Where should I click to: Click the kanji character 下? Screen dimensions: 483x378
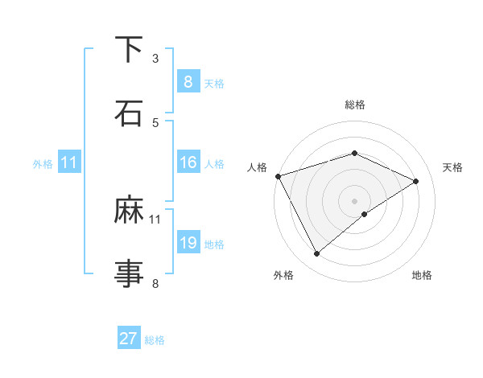coord(129,51)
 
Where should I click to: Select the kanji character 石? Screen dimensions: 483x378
coord(129,113)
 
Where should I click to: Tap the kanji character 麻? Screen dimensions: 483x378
coord(129,212)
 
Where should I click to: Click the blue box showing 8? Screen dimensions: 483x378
coord(188,81)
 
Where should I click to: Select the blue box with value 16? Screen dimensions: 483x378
coord(188,162)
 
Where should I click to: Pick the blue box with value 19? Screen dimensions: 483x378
coord(188,243)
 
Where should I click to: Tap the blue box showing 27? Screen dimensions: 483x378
coord(129,339)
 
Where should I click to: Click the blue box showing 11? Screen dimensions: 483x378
coord(68,162)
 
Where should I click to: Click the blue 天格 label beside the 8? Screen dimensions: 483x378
coord(214,83)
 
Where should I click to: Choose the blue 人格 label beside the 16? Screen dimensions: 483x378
coord(214,163)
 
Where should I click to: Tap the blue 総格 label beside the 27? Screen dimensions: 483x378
coord(155,340)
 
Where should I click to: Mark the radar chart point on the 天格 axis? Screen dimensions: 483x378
coord(416,181)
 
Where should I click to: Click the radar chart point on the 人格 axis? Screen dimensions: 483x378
coord(278,176)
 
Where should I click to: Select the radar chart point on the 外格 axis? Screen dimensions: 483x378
coord(317,254)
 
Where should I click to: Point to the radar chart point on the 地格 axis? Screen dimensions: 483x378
coord(365,214)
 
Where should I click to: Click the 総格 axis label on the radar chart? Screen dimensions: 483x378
coord(355,105)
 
